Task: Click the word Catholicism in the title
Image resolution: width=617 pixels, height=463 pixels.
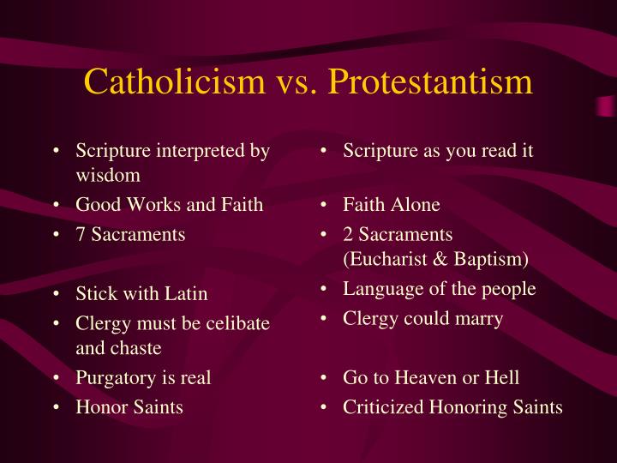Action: [174, 81]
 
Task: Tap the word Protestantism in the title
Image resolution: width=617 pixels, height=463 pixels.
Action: [430, 81]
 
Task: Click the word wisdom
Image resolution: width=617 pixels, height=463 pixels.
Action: [108, 175]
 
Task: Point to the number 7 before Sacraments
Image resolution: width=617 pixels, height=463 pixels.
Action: [81, 234]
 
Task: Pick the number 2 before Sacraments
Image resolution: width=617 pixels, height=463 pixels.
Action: [347, 234]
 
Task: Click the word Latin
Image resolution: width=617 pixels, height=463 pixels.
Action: [186, 293]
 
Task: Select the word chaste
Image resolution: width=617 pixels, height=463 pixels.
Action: [135, 347]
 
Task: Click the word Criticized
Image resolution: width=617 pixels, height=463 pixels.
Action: [383, 407]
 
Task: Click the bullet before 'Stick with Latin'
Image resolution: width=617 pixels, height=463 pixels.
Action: [57, 293]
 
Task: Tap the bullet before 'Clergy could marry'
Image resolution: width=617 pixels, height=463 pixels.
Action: [323, 318]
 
